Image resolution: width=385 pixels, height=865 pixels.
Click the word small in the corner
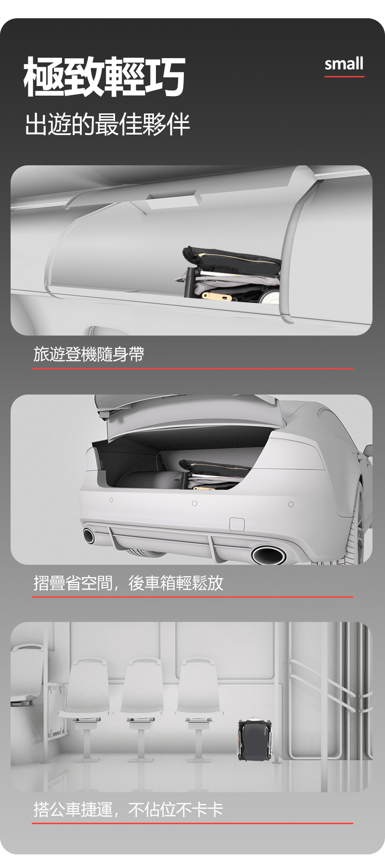pyautogui.click(x=344, y=64)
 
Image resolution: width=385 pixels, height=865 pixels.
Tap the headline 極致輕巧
pyautogui.click(x=104, y=76)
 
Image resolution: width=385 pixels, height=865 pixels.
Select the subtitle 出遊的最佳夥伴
pyautogui.click(x=107, y=124)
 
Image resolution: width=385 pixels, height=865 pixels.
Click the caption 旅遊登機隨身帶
pyautogui.click(x=89, y=355)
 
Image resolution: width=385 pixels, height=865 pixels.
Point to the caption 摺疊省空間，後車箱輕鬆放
pyautogui.click(x=128, y=583)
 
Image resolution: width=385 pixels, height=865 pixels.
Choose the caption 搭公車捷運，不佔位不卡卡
pyautogui.click(x=128, y=810)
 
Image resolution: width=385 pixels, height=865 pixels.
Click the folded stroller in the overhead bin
pyautogui.click(x=229, y=276)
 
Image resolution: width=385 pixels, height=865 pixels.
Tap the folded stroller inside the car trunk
pyautogui.click(x=214, y=475)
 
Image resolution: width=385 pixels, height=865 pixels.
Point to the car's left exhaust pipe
pyautogui.click(x=89, y=535)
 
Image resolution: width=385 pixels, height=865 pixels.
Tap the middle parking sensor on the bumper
pyautogui.click(x=194, y=503)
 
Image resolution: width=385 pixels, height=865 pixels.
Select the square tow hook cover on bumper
pyautogui.click(x=237, y=524)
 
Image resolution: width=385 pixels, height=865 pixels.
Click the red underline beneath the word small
pyautogui.click(x=344, y=76)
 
